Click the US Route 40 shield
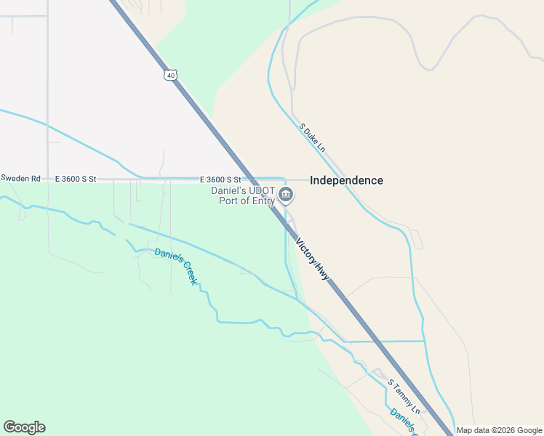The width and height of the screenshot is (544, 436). (x=170, y=76)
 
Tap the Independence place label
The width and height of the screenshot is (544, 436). (x=346, y=180)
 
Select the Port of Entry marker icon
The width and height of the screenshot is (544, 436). (x=286, y=195)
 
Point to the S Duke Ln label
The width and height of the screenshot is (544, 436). (x=312, y=137)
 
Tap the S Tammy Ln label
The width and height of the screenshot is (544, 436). (x=404, y=393)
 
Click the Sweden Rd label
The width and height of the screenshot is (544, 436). (x=21, y=178)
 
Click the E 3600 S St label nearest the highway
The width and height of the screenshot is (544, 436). (x=220, y=179)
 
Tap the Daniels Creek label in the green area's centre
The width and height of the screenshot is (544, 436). (x=175, y=265)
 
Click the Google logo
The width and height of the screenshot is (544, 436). (x=24, y=427)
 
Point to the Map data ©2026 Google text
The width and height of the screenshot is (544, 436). (x=499, y=430)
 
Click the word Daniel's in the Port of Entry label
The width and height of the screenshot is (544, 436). (x=228, y=190)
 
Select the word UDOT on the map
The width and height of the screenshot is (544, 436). (x=260, y=190)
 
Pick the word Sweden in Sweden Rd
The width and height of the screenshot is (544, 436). (x=15, y=178)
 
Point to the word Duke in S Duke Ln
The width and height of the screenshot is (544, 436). (x=312, y=137)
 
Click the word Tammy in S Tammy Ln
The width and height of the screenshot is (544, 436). (x=403, y=392)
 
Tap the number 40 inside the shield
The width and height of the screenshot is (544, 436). (x=170, y=76)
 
